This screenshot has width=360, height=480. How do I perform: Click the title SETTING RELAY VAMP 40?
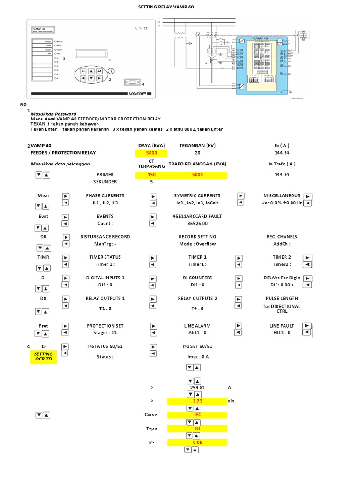(x=165, y=7)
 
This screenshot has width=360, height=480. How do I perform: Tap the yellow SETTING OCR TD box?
(x=44, y=356)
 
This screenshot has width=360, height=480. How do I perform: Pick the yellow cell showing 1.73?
(x=197, y=401)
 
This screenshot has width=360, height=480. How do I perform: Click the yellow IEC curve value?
(x=197, y=415)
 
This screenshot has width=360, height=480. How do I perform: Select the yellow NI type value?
(x=197, y=428)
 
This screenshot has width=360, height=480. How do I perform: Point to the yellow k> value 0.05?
(x=197, y=442)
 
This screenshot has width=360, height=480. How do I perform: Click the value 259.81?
(x=197, y=388)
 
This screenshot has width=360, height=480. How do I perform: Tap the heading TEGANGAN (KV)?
(x=197, y=146)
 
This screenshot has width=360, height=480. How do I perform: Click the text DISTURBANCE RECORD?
(x=105, y=237)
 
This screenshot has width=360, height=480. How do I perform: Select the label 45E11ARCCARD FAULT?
(x=197, y=216)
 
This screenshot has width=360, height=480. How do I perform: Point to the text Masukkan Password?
(x=53, y=114)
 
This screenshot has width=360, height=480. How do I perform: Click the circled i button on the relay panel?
(x=112, y=71)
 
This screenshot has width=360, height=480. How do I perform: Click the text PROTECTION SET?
(x=105, y=326)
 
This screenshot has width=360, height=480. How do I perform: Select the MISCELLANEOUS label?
(x=282, y=195)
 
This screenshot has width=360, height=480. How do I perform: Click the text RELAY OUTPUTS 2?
(x=197, y=298)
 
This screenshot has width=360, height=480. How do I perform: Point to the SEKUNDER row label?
(x=105, y=182)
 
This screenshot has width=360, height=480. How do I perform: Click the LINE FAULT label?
(x=282, y=326)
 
